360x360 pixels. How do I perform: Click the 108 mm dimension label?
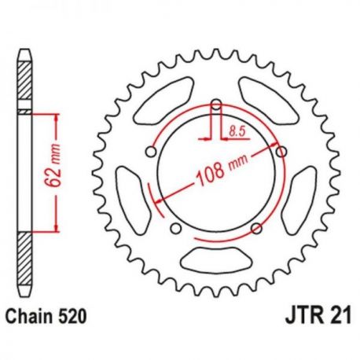pos(222,170)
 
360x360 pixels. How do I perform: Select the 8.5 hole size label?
pos(237,131)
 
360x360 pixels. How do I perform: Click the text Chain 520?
pos(46,316)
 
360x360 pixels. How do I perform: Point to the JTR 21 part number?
pos(318,316)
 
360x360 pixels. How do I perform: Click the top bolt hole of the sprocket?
pos(216,105)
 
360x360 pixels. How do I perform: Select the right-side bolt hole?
pos(281,152)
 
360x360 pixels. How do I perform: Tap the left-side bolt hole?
pos(151,152)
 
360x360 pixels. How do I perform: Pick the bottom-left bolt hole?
pos(175,228)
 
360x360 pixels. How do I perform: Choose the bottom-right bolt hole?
pos(256,228)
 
